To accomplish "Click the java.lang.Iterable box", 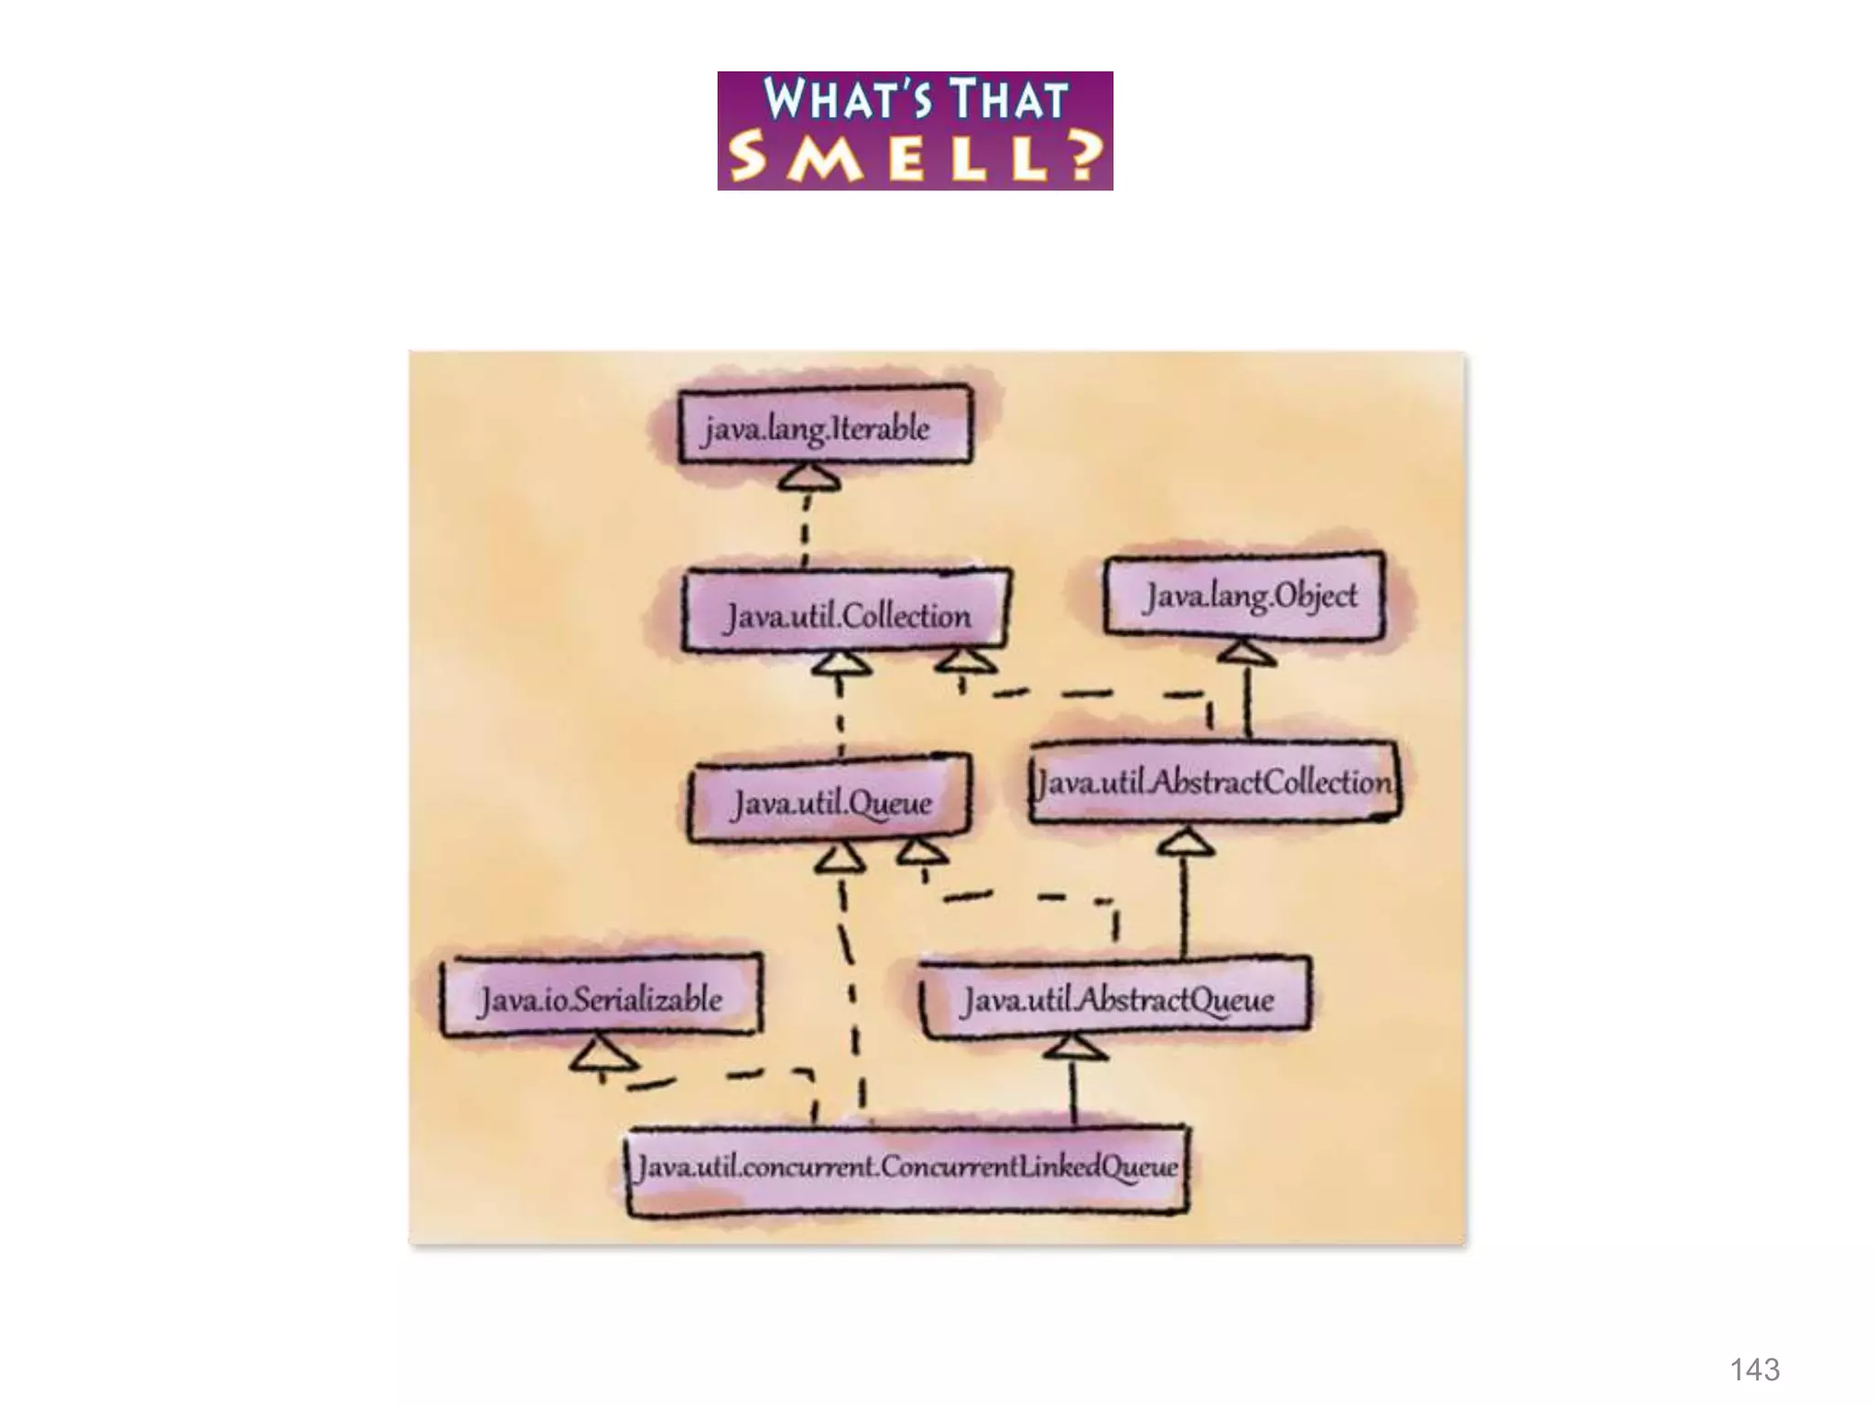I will click(x=823, y=427).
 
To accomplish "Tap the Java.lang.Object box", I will click(x=1246, y=596).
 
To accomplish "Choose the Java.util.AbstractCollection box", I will click(x=1214, y=783).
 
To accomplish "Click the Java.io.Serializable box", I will click(x=601, y=997).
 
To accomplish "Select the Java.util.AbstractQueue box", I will click(x=1116, y=999).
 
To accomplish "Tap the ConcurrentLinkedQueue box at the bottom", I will click(x=907, y=1168).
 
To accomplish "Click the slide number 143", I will click(x=1754, y=1369).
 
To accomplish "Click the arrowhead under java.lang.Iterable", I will click(x=810, y=478).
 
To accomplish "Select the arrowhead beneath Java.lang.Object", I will click(x=1246, y=654).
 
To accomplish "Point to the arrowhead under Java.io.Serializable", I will click(x=602, y=1054).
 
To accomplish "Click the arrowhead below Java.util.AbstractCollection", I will click(x=1186, y=841).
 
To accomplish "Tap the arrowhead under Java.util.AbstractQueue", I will click(x=1075, y=1047).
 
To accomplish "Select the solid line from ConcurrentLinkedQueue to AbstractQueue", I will click(x=1074, y=1094).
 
